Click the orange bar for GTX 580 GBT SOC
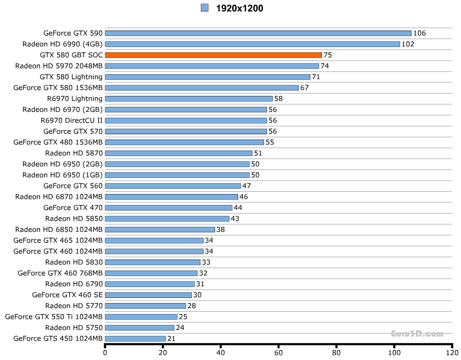tap(213, 55)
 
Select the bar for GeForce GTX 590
tap(258, 33)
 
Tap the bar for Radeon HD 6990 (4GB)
tap(252, 44)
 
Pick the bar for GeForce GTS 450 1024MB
tap(135, 338)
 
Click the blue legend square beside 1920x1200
tap(205, 8)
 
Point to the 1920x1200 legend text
tap(239, 8)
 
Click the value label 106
tap(419, 34)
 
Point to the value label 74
tap(325, 66)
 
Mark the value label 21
tap(171, 339)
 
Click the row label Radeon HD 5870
tap(74, 153)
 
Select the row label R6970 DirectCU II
tap(71, 121)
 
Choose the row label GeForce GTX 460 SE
tap(67, 294)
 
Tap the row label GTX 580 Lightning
tap(71, 77)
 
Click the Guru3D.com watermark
tap(417, 334)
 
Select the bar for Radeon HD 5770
tap(146, 306)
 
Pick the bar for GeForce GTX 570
tap(186, 131)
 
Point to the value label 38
tap(220, 229)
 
